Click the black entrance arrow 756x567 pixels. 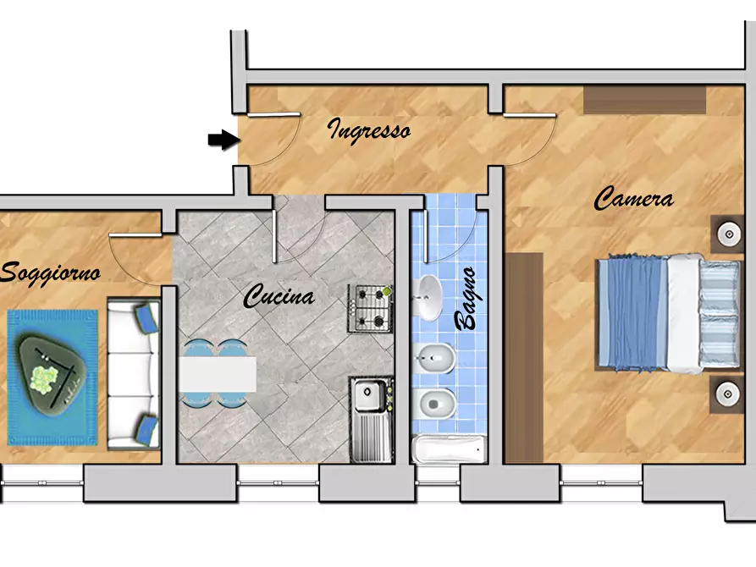click(224, 140)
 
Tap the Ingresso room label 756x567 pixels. click(369, 130)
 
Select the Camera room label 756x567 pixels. click(633, 198)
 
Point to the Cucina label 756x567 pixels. click(279, 295)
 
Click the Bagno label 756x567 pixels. click(466, 299)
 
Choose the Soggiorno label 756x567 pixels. click(50, 273)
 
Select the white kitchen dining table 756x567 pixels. click(218, 374)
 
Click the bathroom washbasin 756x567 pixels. click(428, 298)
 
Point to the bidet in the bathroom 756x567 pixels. click(434, 358)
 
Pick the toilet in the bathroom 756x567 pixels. click(434, 404)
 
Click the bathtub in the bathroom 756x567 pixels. click(449, 449)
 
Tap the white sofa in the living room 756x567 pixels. click(134, 374)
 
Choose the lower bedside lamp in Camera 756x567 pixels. click(727, 394)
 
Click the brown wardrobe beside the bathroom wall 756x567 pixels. click(524, 358)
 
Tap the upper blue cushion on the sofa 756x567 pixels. click(146, 317)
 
